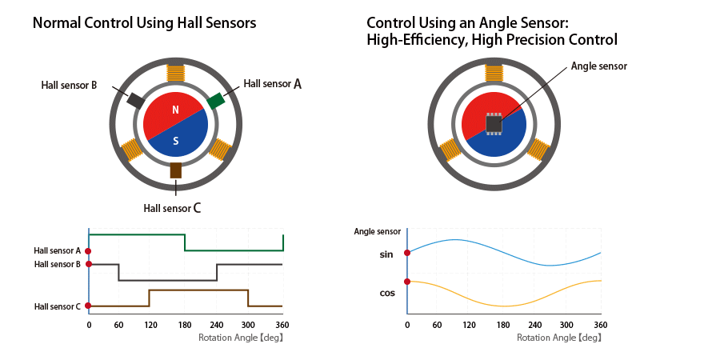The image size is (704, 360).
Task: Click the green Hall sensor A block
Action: click(215, 100)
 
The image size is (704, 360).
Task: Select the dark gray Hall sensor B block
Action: click(135, 101)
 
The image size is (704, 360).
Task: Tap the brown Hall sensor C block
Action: click(176, 170)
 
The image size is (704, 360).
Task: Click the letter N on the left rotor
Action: click(175, 110)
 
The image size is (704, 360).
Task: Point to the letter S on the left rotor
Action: click(176, 141)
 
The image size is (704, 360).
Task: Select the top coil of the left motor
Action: click(175, 73)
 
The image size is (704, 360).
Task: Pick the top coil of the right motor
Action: click(494, 73)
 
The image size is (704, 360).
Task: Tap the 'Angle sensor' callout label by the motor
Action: click(599, 66)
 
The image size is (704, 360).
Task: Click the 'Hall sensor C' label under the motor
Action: click(172, 208)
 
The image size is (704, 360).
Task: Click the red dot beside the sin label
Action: click(408, 253)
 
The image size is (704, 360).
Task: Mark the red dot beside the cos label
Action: click(408, 282)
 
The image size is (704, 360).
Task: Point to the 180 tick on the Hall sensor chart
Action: click(184, 324)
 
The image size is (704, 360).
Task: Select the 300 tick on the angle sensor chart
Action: click(566, 324)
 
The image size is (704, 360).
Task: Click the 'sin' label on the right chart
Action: click(387, 254)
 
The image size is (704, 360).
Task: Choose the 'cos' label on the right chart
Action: click(387, 293)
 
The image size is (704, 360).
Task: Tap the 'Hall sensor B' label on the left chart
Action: click(58, 264)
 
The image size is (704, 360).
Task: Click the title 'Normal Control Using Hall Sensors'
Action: click(144, 23)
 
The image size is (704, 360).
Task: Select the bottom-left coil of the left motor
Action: click(131, 148)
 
